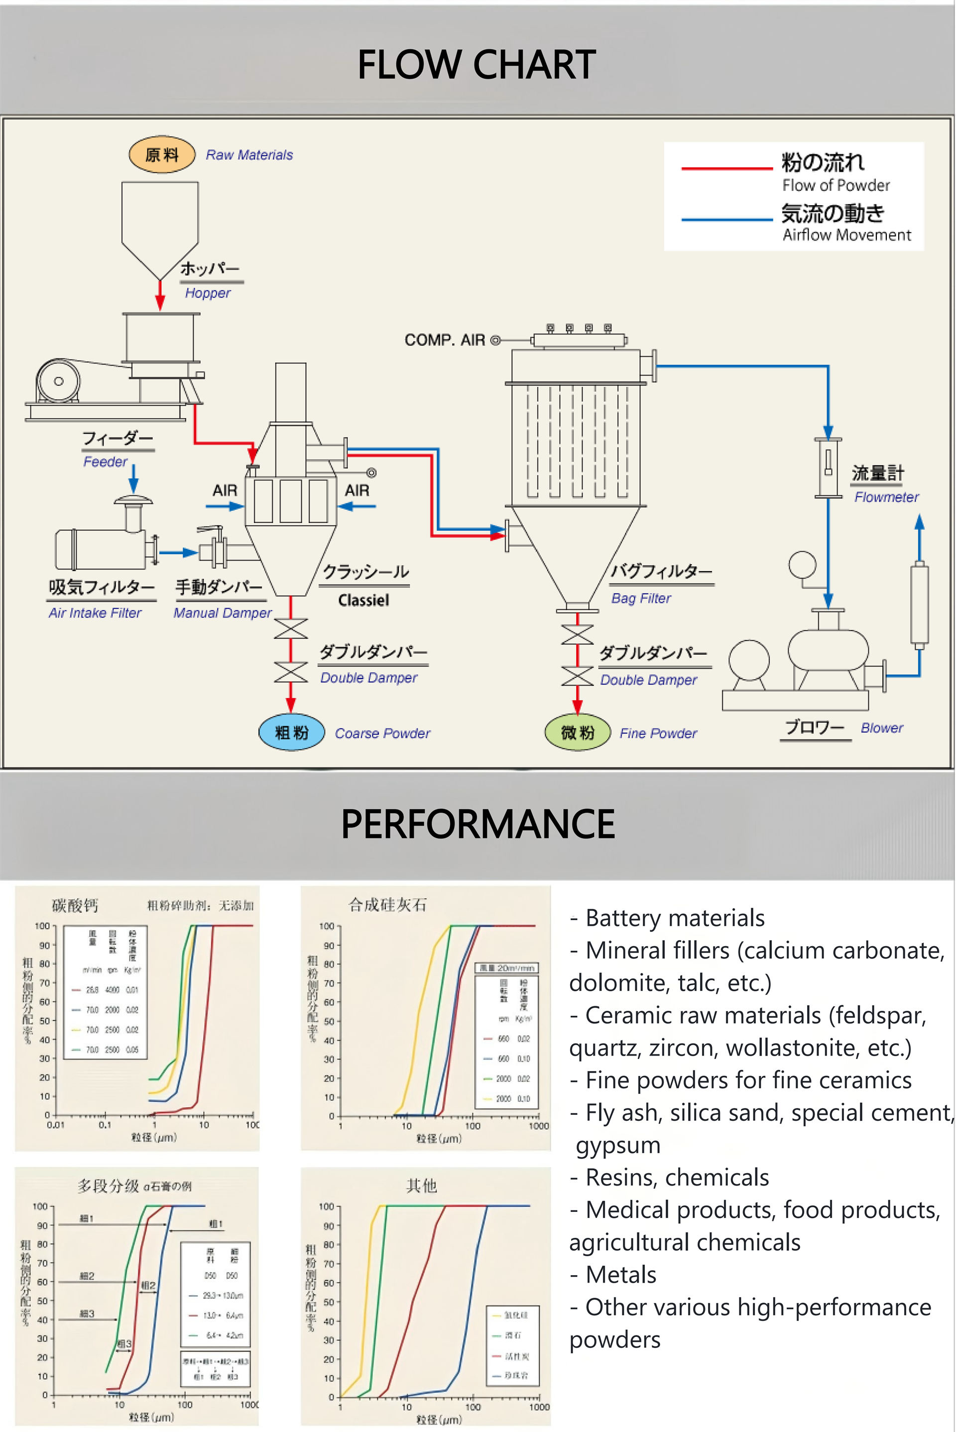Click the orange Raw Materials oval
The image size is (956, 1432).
pyautogui.click(x=161, y=155)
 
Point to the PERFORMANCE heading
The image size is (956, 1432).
pyautogui.click(x=478, y=824)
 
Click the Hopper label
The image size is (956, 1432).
pyautogui.click(x=208, y=293)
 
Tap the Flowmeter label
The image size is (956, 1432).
pyautogui.click(x=886, y=497)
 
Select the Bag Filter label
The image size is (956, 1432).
pyautogui.click(x=641, y=598)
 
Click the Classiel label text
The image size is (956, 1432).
pyautogui.click(x=363, y=600)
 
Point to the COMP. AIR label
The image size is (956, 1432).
pyautogui.click(x=445, y=340)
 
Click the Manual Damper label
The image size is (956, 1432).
pyautogui.click(x=223, y=612)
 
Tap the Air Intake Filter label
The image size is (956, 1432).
pyautogui.click(x=95, y=612)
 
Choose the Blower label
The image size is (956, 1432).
pyautogui.click(x=882, y=727)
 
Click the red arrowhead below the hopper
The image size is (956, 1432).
pyautogui.click(x=160, y=302)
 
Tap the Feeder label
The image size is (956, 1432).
pyautogui.click(x=106, y=462)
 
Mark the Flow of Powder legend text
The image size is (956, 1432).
pyautogui.click(x=836, y=185)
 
